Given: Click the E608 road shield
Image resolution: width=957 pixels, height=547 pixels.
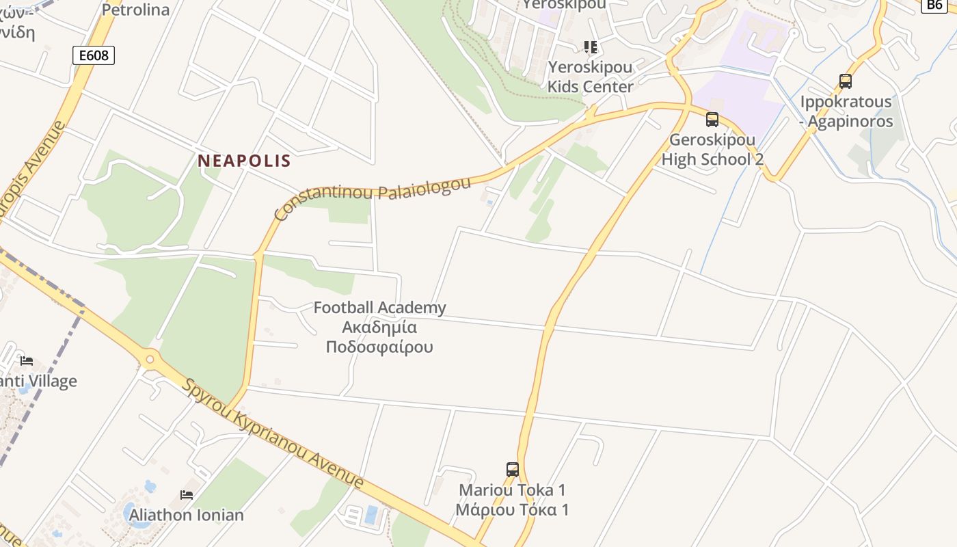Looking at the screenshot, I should click(94, 55).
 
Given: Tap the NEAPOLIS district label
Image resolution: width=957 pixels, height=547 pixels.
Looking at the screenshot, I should click(244, 161).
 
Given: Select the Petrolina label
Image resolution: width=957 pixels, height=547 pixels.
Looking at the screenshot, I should click(135, 10).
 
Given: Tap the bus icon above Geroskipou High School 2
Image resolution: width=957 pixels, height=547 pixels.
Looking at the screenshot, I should click(712, 120).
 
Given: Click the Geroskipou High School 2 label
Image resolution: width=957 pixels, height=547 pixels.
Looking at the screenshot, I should click(712, 150).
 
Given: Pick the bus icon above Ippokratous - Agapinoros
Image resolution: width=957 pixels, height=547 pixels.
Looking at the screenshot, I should click(846, 81).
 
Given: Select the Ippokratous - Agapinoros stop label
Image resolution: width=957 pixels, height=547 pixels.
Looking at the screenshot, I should click(846, 111).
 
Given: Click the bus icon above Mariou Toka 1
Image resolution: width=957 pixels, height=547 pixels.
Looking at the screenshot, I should click(513, 470).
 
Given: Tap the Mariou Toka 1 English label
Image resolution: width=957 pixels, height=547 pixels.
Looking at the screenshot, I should click(513, 490).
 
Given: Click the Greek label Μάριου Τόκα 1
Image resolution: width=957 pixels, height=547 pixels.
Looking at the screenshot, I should click(513, 509).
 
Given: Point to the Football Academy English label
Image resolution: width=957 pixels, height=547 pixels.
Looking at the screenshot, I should click(379, 308).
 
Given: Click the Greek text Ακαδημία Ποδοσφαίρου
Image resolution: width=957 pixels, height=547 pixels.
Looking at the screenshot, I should click(379, 337).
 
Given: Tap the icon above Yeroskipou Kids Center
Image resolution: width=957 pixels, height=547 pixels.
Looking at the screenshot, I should click(591, 47).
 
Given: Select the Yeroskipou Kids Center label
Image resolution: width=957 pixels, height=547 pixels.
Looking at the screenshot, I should click(591, 77).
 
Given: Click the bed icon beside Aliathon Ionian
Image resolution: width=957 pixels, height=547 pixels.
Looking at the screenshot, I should click(187, 494).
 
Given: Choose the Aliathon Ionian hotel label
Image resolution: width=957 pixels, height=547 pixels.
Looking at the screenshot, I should click(187, 515).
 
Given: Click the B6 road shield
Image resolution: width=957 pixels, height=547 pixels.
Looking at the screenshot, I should click(934, 5).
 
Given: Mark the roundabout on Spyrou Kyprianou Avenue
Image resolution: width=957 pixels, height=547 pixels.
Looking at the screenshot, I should click(150, 358).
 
